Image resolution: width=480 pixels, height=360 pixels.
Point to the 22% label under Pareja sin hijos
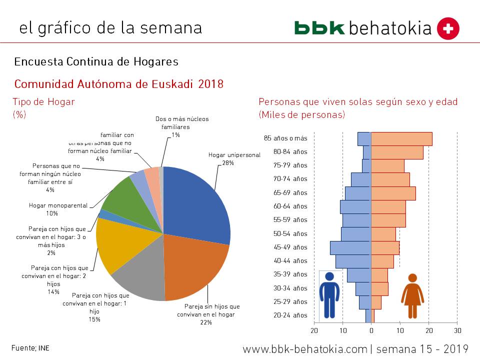206,322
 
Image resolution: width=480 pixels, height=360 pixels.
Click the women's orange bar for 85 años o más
401,138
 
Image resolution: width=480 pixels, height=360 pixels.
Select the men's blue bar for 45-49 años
350,247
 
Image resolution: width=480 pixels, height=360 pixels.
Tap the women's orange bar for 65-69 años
393,193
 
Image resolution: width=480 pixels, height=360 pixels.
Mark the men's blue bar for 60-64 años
355,206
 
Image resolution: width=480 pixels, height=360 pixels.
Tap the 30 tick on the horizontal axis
457,330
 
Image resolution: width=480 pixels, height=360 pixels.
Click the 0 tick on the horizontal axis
371,330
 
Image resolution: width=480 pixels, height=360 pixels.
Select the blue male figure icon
329,295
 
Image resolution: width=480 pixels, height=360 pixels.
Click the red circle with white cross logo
448,28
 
